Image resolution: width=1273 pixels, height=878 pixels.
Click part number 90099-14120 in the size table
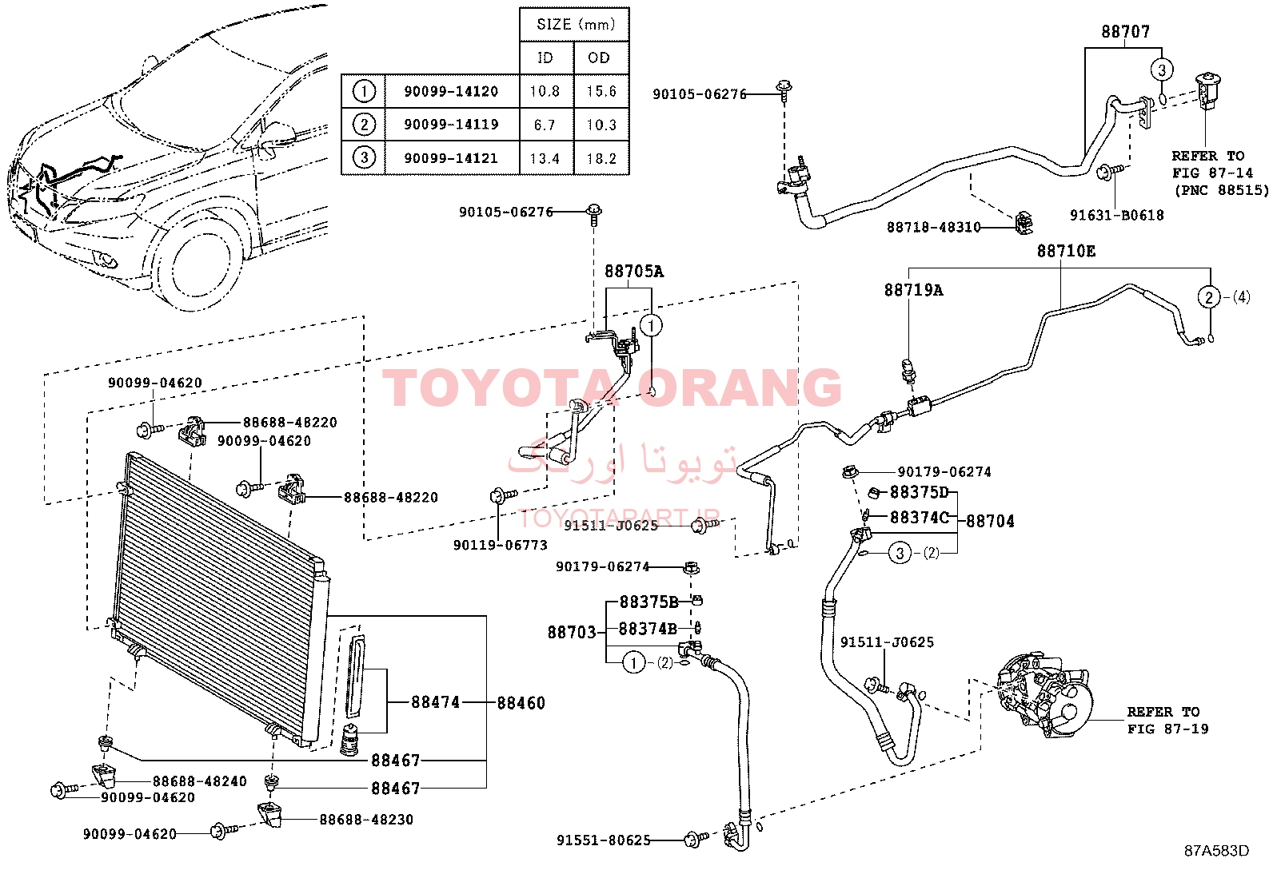(451, 91)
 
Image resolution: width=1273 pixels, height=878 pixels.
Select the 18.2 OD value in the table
(601, 158)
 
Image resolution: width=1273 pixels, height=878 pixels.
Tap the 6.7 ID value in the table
(545, 125)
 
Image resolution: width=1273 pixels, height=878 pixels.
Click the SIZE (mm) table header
(576, 25)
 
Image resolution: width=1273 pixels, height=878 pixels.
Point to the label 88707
(1125, 31)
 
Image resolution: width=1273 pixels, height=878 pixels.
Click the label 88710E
(1066, 251)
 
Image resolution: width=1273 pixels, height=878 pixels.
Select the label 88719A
(913, 290)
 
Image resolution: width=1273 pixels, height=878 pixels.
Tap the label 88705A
(633, 272)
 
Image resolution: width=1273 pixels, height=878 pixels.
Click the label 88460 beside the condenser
(521, 703)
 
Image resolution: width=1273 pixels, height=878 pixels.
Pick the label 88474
(435, 702)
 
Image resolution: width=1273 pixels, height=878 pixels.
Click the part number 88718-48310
(934, 227)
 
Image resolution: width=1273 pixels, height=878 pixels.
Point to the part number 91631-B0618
(1117, 215)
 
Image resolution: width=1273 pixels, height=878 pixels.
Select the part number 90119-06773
(500, 545)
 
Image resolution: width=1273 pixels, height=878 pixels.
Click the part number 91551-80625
(603, 840)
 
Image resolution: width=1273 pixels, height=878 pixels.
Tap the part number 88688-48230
(366, 820)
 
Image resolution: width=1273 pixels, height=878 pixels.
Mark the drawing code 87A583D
(1217, 851)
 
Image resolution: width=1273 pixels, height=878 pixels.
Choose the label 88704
(990, 522)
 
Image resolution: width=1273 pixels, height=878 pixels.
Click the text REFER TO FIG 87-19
(1167, 720)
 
